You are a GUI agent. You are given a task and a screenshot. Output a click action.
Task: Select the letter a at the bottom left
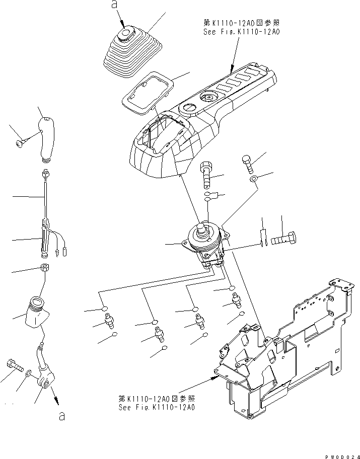[x=62, y=417]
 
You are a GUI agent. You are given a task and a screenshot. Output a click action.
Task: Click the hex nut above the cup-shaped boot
[x=44, y=267]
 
